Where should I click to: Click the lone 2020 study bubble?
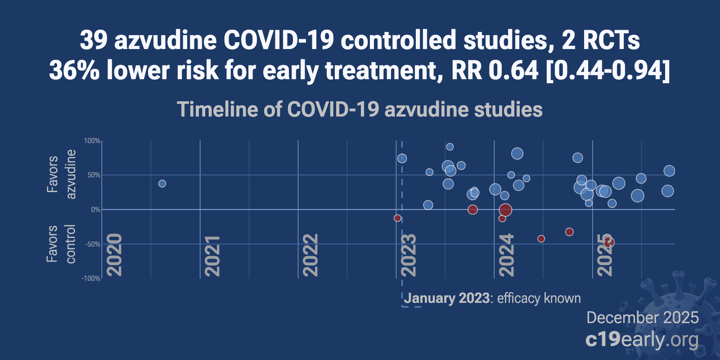[x=162, y=184]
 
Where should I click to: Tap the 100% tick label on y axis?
[x=92, y=141]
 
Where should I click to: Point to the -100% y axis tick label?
[x=91, y=279]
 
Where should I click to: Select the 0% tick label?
[x=95, y=210]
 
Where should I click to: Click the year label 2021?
[x=212, y=256]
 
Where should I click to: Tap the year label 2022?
[x=310, y=256]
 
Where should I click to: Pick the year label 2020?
[x=114, y=256]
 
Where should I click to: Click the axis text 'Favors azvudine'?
[x=61, y=175]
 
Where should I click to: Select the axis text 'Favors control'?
[x=61, y=244]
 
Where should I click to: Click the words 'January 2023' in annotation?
[x=447, y=298]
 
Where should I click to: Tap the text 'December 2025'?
[x=642, y=318]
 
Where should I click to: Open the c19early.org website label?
[x=642, y=340]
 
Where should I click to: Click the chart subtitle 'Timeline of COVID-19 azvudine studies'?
[x=360, y=109]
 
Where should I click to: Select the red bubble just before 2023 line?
[x=397, y=218]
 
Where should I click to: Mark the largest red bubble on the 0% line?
[x=505, y=210]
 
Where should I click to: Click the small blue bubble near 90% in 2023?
[x=450, y=147]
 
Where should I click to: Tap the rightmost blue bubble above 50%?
[x=669, y=171]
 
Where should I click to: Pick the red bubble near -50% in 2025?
[x=609, y=242]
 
